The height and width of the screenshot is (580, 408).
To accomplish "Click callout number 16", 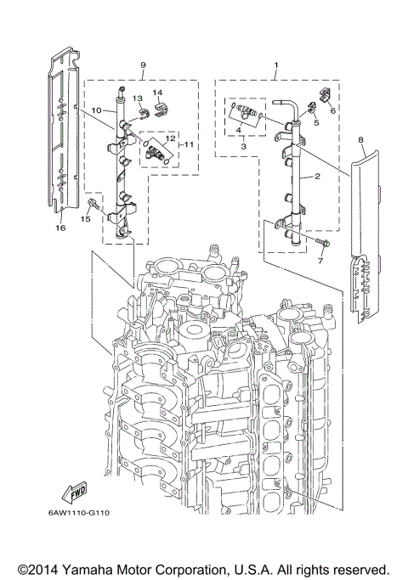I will coord(60,228).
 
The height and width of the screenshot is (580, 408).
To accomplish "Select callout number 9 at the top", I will coord(143,65).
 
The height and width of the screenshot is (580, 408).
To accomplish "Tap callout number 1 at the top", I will coord(275,65).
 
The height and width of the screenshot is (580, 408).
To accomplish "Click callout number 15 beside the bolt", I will coord(84,219).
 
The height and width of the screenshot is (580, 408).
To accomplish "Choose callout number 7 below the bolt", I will coord(320,262).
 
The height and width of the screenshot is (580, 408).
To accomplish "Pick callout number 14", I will coord(157,92).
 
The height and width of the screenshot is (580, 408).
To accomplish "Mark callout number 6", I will coord(332,110).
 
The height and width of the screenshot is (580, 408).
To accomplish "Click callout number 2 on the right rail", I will coord(317,177).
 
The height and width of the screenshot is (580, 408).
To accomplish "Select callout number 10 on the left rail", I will coord(96,110).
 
